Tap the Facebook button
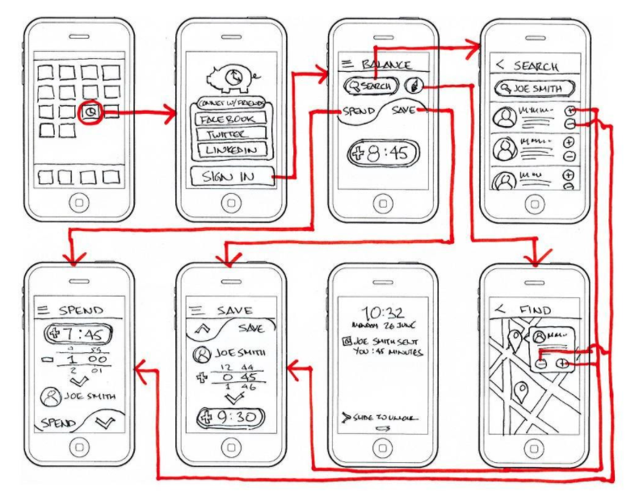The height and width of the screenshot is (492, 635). pos(231,119)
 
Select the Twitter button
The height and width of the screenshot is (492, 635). pos(231,135)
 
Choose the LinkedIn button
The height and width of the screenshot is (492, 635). pos(231,151)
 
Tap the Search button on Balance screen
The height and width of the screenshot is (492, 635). pos(369,86)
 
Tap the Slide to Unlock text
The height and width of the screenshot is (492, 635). pos(385,419)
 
